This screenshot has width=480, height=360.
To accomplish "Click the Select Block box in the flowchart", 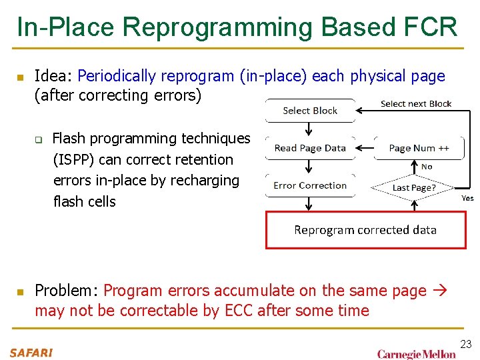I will click(x=310, y=111).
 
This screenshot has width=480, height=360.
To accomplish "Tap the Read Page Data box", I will click(x=310, y=148).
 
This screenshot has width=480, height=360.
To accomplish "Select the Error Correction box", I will click(x=310, y=185).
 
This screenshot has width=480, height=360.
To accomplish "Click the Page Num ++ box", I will click(x=419, y=148).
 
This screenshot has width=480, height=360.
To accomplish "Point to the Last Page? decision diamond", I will click(x=414, y=187).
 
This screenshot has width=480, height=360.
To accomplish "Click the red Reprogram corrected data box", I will click(x=365, y=230).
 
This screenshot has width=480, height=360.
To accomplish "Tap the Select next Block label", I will click(x=416, y=104).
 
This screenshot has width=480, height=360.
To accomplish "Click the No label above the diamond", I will click(x=427, y=167).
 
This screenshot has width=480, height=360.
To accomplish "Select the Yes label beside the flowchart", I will click(x=468, y=198).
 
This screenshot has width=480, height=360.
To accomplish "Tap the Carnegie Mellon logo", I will click(x=416, y=353).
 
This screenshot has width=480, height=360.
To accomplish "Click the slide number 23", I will click(x=465, y=344).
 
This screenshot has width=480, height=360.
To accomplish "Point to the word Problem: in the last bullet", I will click(x=67, y=291).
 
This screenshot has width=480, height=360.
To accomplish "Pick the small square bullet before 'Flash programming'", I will click(x=39, y=139).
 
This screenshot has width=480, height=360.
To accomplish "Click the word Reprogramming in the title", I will click(x=218, y=27).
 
